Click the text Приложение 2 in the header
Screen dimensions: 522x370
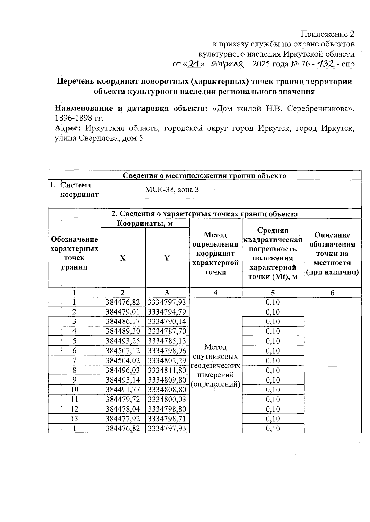pyautogui.click(x=327, y=34)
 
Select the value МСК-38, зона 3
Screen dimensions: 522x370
pyautogui.click(x=172, y=189)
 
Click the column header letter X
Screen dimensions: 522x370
pyautogui.click(x=123, y=258)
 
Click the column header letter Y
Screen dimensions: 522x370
pyautogui.click(x=167, y=258)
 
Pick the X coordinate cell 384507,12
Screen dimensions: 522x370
pyautogui.click(x=123, y=351)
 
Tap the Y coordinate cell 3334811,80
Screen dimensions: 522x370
pyautogui.click(x=167, y=370)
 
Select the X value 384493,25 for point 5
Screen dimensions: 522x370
pyautogui.click(x=123, y=341)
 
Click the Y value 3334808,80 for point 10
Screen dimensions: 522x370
pyautogui.click(x=167, y=389)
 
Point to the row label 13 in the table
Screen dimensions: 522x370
pyautogui.click(x=74, y=419)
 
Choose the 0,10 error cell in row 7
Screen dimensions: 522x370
pyautogui.click(x=273, y=360)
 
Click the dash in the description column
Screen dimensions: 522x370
pyautogui.click(x=332, y=366)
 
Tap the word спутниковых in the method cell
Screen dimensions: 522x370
pyautogui.click(x=215, y=356)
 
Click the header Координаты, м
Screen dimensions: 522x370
pyautogui.click(x=145, y=223)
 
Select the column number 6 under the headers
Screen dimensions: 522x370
pyautogui.click(x=332, y=293)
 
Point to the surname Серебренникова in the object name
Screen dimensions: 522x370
pyautogui.click(x=320, y=108)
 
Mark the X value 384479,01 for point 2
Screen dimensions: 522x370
pyautogui.click(x=123, y=312)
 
